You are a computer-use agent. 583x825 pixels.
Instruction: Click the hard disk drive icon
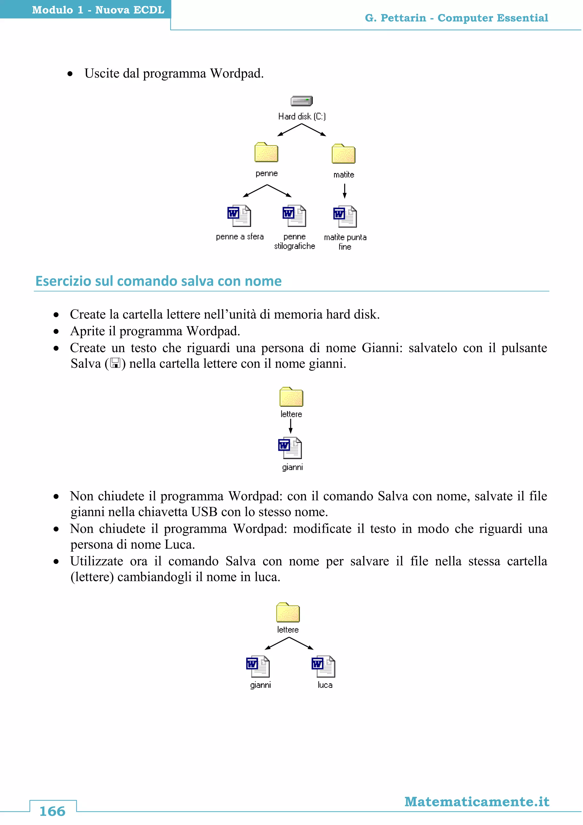pos(301,101)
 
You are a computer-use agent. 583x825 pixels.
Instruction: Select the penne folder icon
pos(266,153)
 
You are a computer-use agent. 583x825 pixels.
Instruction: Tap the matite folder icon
pos(344,154)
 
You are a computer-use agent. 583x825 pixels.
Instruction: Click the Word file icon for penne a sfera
pos(239,216)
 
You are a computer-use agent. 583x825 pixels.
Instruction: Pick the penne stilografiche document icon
pos(294,216)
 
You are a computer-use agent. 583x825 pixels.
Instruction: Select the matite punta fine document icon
pos(345,217)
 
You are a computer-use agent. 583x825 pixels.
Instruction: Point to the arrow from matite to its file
pos(345,191)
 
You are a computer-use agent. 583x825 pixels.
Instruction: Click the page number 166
pos(52,811)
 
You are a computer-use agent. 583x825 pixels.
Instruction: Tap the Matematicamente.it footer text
pos(477,802)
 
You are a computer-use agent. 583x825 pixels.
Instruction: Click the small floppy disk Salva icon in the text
pos(115,363)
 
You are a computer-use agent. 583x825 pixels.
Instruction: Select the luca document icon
pos(323,667)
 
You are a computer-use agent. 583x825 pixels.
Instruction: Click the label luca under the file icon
pos(325,685)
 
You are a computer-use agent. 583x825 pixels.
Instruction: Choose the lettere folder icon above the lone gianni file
pos(291,397)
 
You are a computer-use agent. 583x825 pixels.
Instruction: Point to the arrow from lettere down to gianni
pos(290,426)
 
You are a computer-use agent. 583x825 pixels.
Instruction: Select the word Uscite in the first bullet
pos(102,73)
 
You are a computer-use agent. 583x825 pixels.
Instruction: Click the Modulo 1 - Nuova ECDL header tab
pos(98,10)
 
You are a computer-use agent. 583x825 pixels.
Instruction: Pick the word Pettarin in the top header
pos(403,18)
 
